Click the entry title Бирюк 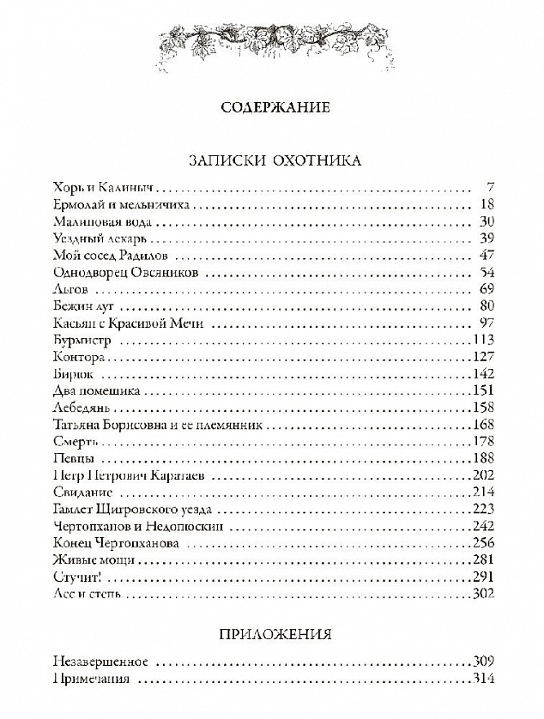tap(72, 374)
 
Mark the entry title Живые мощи tap(88, 559)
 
